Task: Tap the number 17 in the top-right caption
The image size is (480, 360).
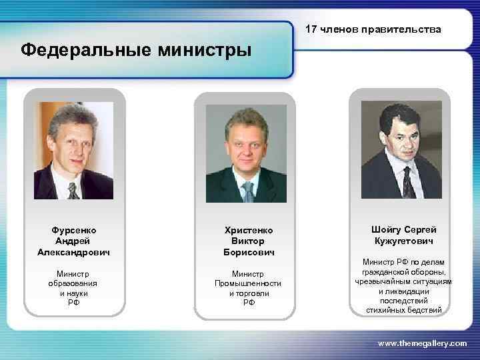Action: (311, 29)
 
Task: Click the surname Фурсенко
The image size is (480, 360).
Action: (73, 230)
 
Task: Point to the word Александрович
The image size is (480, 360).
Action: (73, 252)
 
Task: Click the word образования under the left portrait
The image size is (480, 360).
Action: (73, 283)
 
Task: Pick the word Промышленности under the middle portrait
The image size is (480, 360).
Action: (248, 283)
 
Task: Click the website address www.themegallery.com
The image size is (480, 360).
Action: (422, 343)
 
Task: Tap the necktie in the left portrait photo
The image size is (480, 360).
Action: (72, 191)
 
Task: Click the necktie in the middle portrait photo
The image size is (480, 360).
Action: (248, 192)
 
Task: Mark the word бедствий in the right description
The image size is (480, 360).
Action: (423, 310)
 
